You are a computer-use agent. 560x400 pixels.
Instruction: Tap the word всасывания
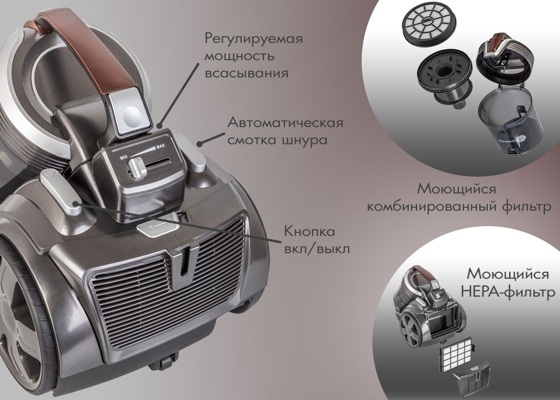pyautogui.click(x=246, y=73)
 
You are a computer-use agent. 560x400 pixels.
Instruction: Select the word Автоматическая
pyautogui.click(x=285, y=123)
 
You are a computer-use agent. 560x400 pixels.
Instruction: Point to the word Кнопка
pyautogui.click(x=309, y=231)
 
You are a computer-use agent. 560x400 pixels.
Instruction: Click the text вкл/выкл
pyautogui.click(x=317, y=250)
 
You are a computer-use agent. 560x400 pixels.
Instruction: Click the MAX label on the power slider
pyautogui.click(x=161, y=146)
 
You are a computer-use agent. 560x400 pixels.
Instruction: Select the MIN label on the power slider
pyautogui.click(x=124, y=157)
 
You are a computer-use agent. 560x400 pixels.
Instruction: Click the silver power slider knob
pyautogui.click(x=136, y=169)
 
